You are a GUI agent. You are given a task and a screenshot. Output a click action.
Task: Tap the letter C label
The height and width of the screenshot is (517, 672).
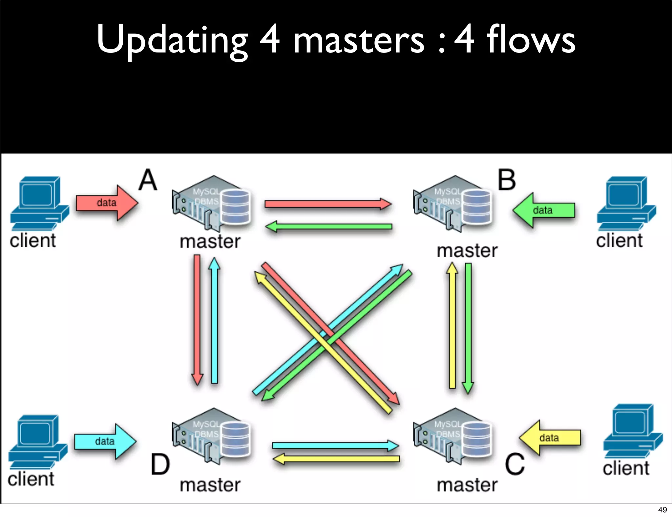point(514,464)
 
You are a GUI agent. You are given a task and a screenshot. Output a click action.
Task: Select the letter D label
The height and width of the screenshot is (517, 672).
point(160,464)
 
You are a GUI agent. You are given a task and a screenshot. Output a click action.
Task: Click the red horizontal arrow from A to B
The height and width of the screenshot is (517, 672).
point(328,204)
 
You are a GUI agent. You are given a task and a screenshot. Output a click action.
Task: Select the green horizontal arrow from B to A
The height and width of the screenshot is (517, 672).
point(328,226)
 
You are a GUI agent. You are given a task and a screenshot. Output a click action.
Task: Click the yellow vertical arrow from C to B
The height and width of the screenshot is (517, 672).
point(452,325)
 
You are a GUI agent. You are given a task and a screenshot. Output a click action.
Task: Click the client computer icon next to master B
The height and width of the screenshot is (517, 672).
point(626,203)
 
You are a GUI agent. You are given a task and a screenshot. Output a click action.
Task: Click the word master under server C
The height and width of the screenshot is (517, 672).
point(467,485)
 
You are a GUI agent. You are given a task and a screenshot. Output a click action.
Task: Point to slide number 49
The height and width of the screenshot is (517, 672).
point(662,509)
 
